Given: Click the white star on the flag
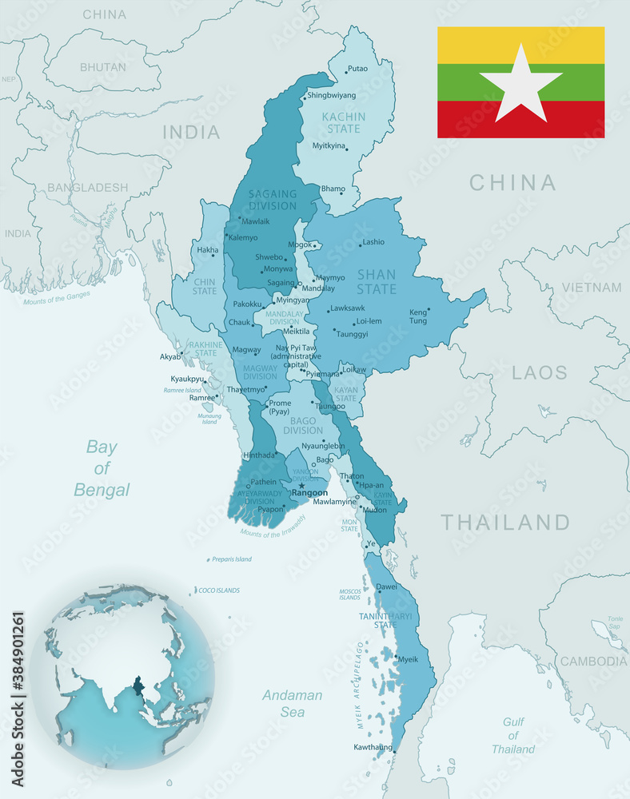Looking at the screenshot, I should (x=520, y=82).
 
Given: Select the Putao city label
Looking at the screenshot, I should (x=357, y=69).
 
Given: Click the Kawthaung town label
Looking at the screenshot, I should (x=373, y=748).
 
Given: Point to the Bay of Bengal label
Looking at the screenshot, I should (x=102, y=467).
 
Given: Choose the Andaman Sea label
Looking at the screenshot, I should (x=292, y=703).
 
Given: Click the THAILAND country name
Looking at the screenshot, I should (x=505, y=523).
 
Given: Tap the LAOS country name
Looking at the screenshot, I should (x=539, y=372).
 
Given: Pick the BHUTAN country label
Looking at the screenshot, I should (x=102, y=67).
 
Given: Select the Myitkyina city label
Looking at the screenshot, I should (x=329, y=146).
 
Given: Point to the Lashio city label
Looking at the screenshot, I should (x=373, y=241).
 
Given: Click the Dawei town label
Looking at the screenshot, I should (x=386, y=586).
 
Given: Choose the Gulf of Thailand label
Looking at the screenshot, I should (x=513, y=735).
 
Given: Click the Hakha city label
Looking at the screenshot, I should (x=208, y=250).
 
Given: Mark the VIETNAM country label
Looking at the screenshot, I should (x=591, y=287).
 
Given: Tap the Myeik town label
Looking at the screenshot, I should (x=408, y=659).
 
